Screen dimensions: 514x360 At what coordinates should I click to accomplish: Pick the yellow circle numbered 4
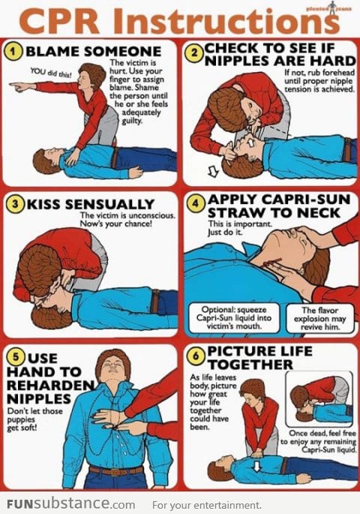(x=193, y=201)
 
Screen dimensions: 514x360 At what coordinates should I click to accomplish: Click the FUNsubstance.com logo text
(x=68, y=504)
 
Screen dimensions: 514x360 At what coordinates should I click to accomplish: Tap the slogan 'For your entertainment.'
(x=206, y=505)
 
